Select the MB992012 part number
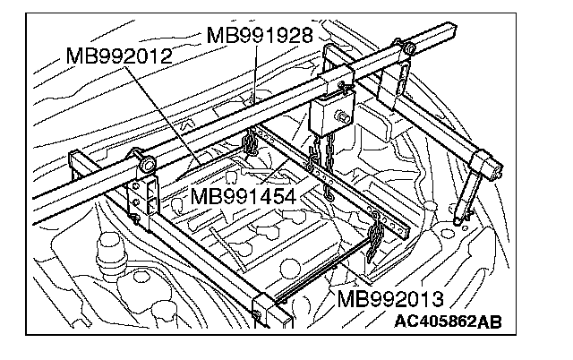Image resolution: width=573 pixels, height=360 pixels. pyautogui.click(x=119, y=58)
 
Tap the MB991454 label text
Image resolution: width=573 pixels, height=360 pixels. pyautogui.click(x=243, y=196)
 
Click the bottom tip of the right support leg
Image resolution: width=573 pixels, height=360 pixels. pyautogui.click(x=458, y=218)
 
